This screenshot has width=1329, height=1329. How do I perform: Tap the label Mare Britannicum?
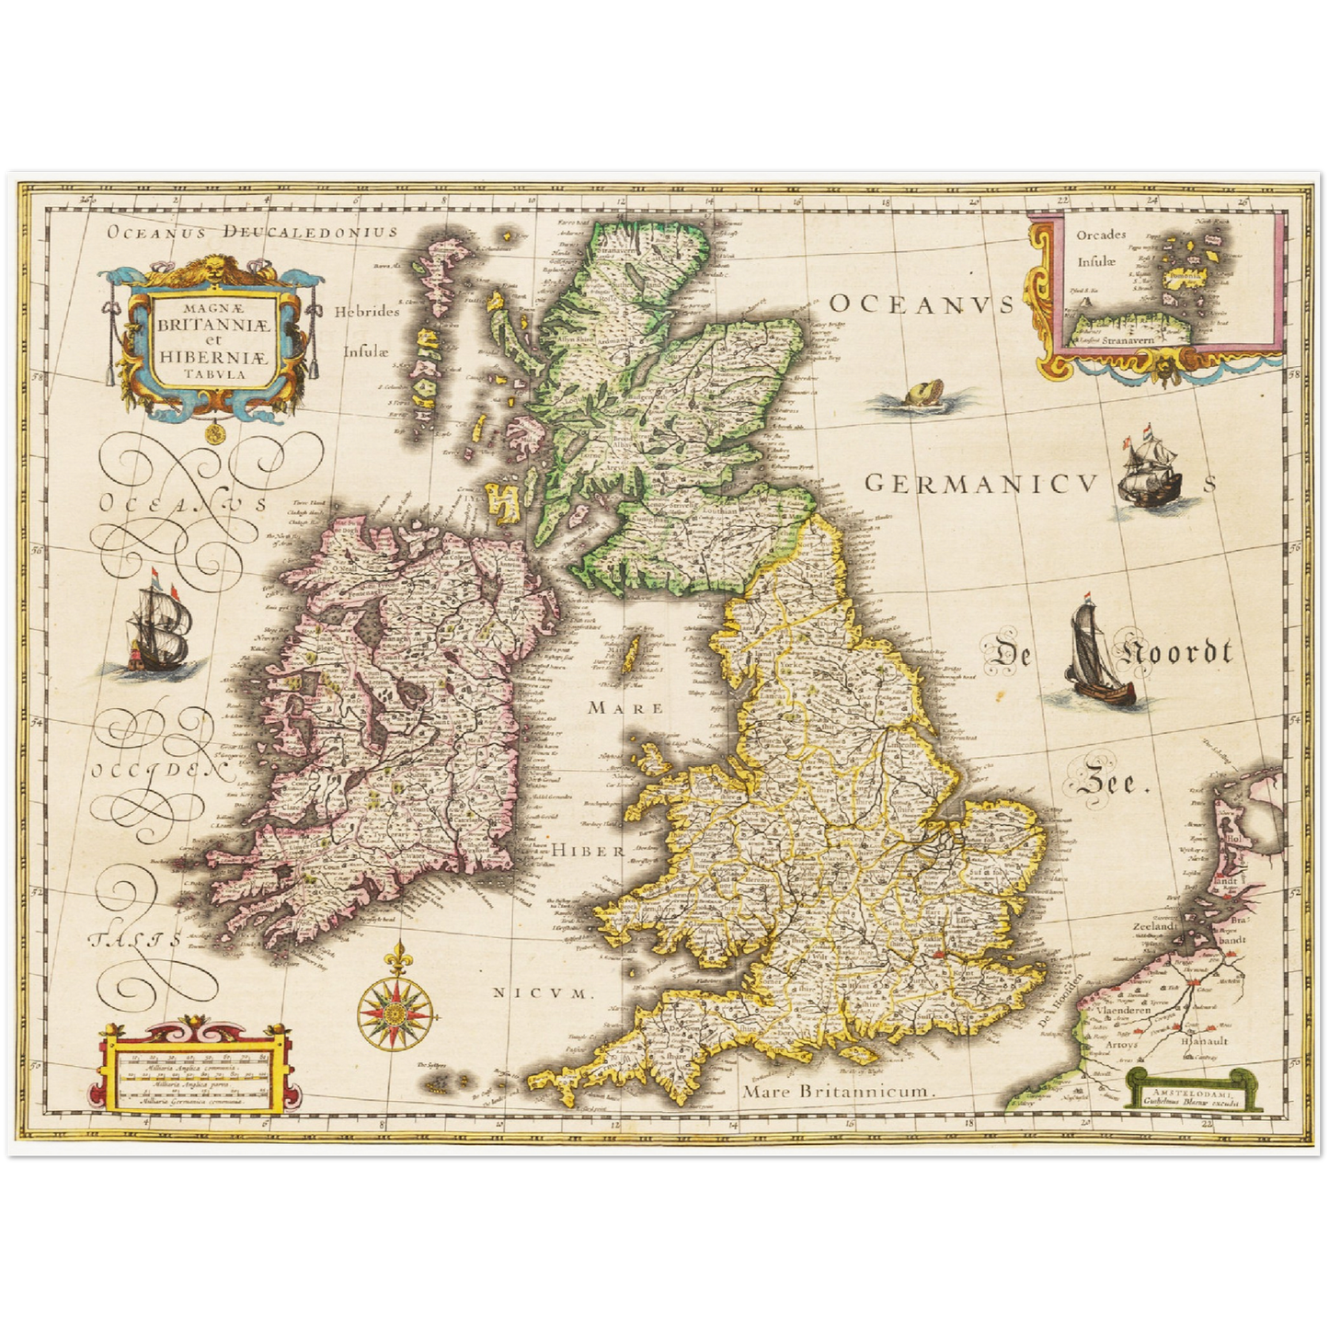pos(838,1092)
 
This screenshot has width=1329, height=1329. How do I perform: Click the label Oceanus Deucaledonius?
pos(251,232)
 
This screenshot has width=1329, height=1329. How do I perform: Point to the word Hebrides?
pos(367,311)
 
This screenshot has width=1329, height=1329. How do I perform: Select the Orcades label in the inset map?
pos(1101,235)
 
